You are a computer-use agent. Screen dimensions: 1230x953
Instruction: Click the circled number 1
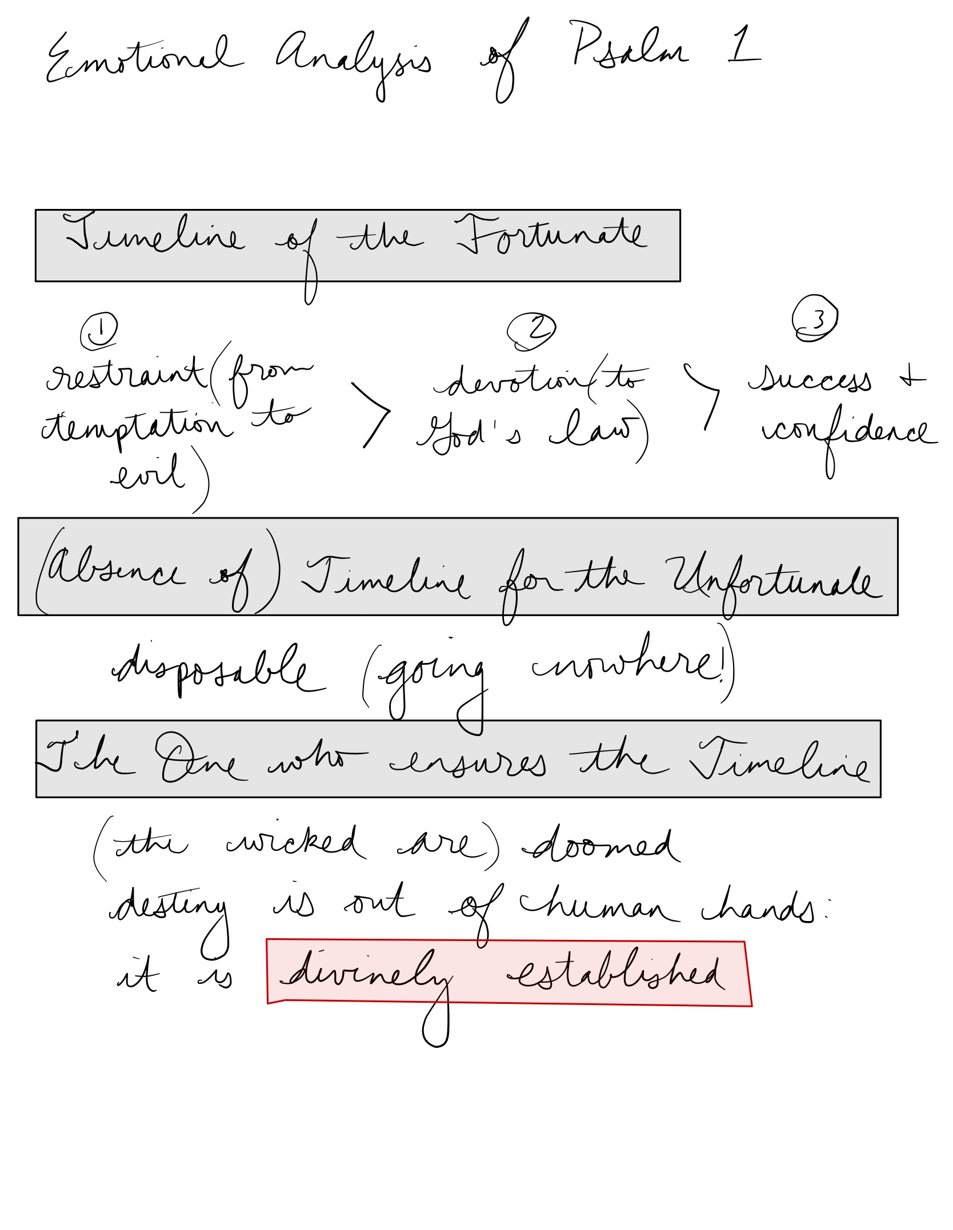pyautogui.click(x=99, y=331)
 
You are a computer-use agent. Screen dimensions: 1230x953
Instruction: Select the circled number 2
pyautogui.click(x=532, y=331)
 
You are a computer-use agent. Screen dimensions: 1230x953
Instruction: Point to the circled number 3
pyautogui.click(x=815, y=318)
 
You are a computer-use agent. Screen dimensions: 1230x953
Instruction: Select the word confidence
pyautogui.click(x=848, y=432)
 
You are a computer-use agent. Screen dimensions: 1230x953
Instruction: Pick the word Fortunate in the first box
pyautogui.click(x=551, y=235)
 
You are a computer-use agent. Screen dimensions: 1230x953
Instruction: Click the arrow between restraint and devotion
pyautogui.click(x=371, y=414)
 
